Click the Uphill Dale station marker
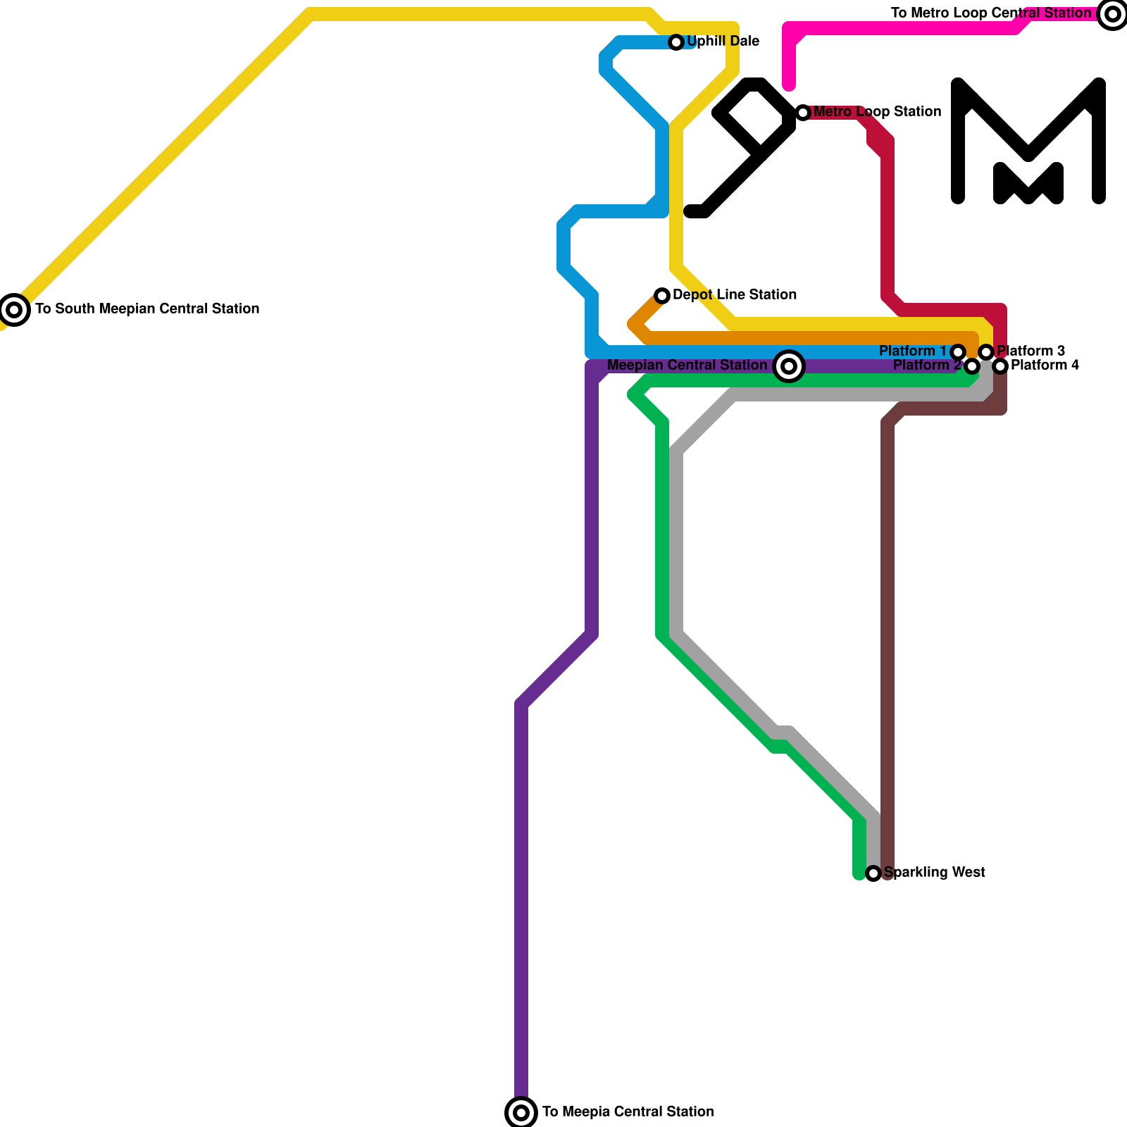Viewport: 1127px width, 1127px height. (676, 42)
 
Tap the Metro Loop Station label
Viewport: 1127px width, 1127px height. (877, 112)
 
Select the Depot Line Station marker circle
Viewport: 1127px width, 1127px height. (662, 296)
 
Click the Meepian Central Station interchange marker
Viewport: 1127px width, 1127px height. (789, 366)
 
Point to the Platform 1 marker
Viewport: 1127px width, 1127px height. (958, 352)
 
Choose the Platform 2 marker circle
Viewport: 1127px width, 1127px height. (972, 366)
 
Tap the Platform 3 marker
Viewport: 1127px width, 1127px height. (986, 352)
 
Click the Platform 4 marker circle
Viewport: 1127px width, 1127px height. (1000, 366)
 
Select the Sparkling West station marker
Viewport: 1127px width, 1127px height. (873, 873)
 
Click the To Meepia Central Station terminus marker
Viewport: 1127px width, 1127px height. (521, 1113)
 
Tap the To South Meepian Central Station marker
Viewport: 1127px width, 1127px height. (14, 310)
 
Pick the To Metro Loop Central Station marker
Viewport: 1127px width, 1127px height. (1113, 14)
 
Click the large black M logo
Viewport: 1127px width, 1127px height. (1028, 141)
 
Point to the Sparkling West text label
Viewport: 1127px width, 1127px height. (934, 873)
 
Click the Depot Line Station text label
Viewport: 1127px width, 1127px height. (734, 295)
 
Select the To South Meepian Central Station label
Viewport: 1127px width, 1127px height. (147, 309)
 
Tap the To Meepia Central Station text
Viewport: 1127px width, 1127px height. (628, 1112)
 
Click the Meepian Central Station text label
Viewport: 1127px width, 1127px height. (687, 366)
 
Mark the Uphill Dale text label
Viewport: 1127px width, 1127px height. (723, 42)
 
